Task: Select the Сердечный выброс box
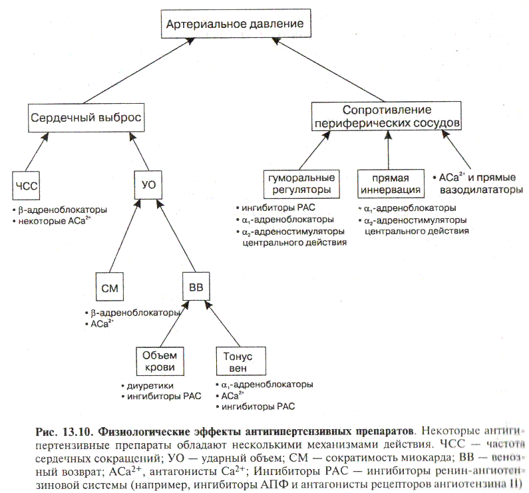click(87, 118)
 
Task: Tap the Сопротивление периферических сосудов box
click(387, 116)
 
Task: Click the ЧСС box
click(27, 185)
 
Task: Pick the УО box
click(148, 185)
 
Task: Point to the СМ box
click(109, 287)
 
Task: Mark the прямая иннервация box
click(389, 184)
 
